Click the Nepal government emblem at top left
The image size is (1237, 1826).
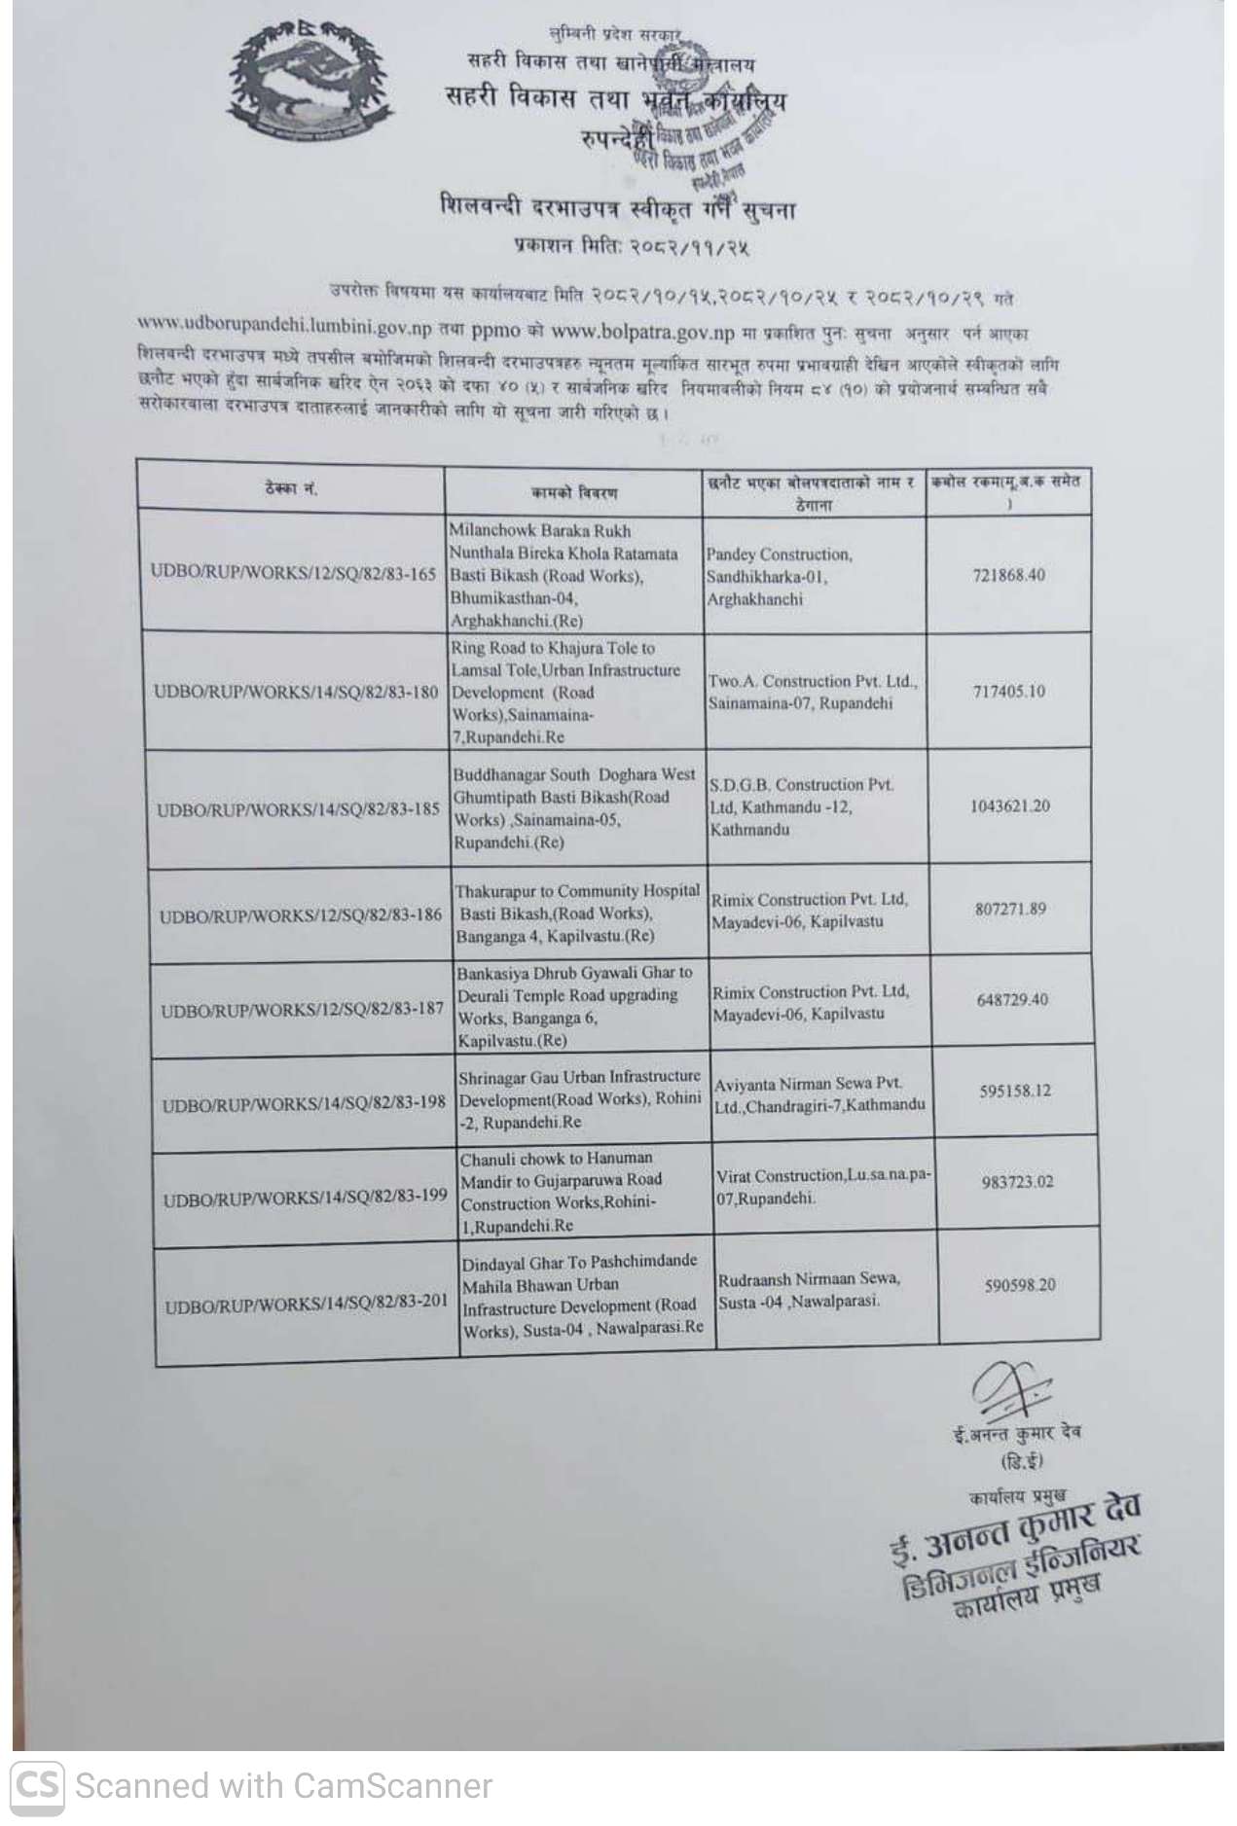309,83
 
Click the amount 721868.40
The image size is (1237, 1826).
1008,575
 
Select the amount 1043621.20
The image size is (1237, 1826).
1010,806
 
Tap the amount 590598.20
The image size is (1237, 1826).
1019,1285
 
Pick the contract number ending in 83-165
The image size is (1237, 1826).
293,574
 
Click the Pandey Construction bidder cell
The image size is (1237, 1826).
780,577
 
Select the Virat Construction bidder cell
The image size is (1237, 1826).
823,1187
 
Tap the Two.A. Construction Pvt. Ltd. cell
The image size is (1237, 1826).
813,692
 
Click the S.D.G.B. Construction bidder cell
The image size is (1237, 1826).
801,806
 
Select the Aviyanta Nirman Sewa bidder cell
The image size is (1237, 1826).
819,1094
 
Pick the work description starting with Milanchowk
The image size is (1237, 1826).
564,575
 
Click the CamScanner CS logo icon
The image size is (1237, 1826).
38,1786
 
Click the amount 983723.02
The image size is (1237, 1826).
1016,1182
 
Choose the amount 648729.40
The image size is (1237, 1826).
1012,1000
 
